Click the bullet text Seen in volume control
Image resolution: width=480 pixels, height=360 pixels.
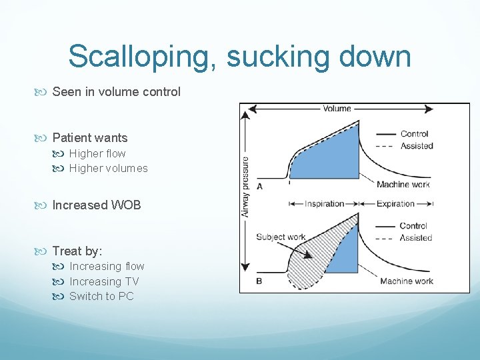click(x=116, y=92)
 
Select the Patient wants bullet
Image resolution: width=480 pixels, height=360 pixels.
click(x=89, y=138)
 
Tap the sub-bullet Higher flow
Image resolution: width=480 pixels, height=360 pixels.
click(x=97, y=153)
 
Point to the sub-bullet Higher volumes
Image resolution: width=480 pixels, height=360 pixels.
click(x=108, y=168)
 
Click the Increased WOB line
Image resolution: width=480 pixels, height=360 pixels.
click(x=97, y=205)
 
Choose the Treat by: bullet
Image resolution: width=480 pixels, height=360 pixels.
click(x=77, y=251)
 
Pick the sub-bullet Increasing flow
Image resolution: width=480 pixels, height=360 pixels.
click(x=107, y=267)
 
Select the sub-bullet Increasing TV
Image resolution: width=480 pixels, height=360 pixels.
click(x=104, y=281)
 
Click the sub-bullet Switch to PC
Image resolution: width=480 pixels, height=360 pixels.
click(x=101, y=296)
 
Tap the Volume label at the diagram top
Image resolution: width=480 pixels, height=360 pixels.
click(x=337, y=109)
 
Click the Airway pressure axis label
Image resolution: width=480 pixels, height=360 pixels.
click(x=245, y=187)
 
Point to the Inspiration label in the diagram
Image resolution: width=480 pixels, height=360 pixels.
click(x=325, y=204)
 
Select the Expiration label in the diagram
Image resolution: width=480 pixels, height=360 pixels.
click(x=395, y=204)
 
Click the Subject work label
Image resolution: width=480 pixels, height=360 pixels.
click(x=280, y=237)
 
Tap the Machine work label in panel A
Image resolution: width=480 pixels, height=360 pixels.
click(x=403, y=185)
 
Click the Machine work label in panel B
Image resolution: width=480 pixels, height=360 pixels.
click(x=407, y=281)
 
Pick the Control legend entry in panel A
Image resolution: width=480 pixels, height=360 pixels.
click(x=414, y=134)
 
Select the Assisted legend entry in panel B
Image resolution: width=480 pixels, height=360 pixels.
click(x=416, y=237)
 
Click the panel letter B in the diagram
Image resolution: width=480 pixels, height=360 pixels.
click(x=259, y=281)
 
